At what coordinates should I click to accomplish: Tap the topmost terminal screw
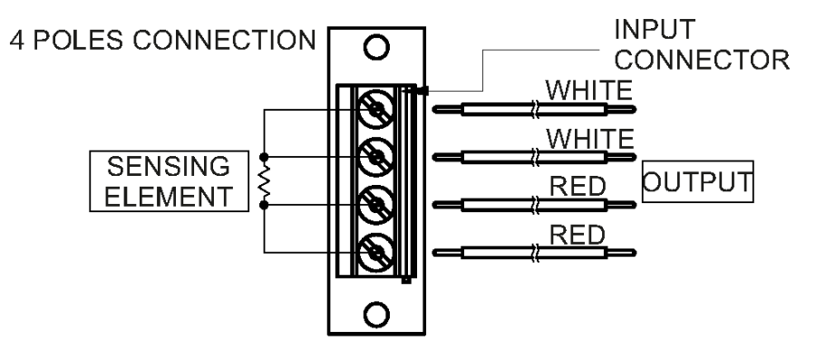(375, 112)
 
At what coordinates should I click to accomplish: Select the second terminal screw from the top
(375, 158)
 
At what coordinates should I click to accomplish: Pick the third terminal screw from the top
(375, 204)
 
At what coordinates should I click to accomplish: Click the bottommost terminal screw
(375, 250)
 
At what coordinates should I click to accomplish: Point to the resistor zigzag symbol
(264, 181)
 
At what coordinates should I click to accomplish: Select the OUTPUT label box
(697, 181)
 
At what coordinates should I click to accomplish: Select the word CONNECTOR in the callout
(692, 61)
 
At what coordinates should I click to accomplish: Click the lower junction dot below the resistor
(264, 205)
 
